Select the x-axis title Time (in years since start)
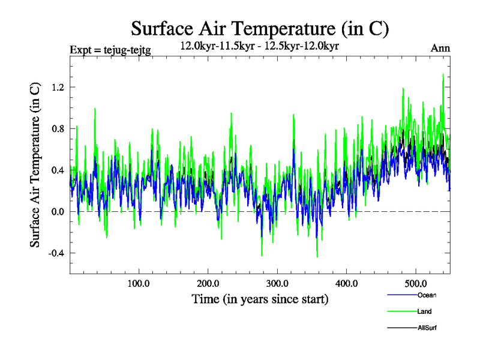point(260,299)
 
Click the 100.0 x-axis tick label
point(139,283)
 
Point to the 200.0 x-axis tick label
point(208,283)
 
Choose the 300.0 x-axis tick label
point(277,283)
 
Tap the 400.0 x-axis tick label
point(347,283)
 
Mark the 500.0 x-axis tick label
point(416,283)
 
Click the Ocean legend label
point(427,295)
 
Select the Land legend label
point(424,311)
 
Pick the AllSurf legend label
point(427,328)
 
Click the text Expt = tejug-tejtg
point(110,50)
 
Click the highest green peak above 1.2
point(443,75)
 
